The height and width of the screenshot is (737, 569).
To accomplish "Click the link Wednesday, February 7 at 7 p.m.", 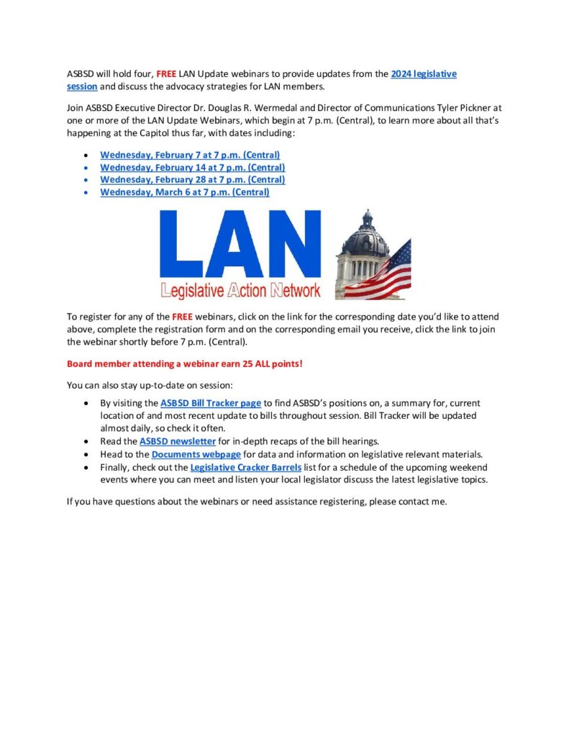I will point(190,155).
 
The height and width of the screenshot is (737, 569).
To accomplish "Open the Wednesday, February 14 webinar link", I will point(192,167).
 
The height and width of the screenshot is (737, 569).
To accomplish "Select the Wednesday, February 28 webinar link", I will point(192,179).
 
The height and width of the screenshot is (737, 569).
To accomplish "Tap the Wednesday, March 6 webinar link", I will point(185,192).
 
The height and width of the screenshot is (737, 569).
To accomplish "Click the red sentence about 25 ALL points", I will point(185,363).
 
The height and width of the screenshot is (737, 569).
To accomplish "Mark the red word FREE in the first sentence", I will point(166,74).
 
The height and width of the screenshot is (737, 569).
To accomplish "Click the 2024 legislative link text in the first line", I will point(424,74).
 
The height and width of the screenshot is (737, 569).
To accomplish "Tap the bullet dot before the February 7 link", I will point(87,155).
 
